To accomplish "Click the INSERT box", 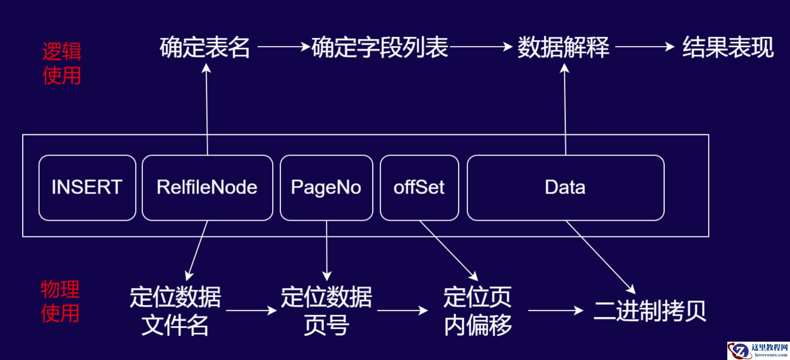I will [87, 188].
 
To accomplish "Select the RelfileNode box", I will [207, 188].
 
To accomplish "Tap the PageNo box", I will [326, 188].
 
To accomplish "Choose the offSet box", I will [419, 188].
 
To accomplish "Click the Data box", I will [565, 188].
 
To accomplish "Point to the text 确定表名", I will [205, 47].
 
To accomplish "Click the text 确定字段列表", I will [380, 47].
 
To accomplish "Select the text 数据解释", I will [563, 47].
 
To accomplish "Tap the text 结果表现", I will [728, 47].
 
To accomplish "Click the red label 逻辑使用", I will [62, 64].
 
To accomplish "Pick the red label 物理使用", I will [60, 301].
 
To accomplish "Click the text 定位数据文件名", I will [175, 311].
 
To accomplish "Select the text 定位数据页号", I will [326, 311].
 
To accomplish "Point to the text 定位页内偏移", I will [477, 311].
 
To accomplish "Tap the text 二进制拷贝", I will [650, 311].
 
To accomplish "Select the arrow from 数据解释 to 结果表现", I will [644, 46].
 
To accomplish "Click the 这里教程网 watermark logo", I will [758, 350].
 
